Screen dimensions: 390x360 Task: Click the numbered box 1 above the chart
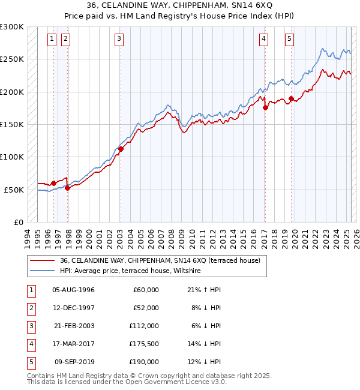click(52, 40)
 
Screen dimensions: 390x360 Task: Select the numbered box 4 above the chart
click(263, 40)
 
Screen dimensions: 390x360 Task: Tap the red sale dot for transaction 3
click(121, 149)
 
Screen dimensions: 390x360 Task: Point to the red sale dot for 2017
click(265, 107)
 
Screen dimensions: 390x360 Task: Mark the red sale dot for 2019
click(291, 98)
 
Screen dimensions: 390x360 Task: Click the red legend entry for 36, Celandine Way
click(160, 261)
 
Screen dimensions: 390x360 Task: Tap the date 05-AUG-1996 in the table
click(74, 290)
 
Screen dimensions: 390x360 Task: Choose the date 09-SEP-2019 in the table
click(74, 362)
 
